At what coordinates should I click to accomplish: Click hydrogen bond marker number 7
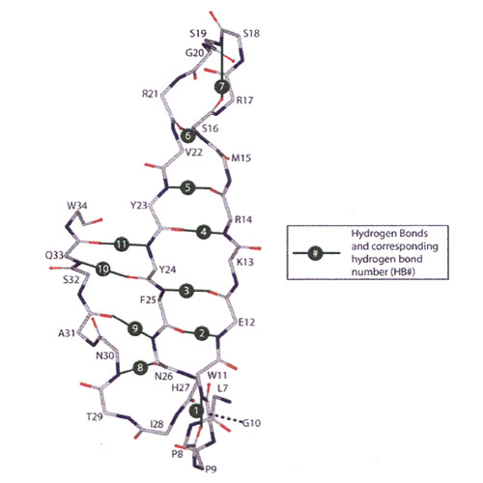coord(222,87)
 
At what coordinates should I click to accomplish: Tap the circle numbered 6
coord(187,135)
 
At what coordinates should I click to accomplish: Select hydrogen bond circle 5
coord(187,187)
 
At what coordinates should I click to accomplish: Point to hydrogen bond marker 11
coord(121,244)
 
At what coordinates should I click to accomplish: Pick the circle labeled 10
coord(103,270)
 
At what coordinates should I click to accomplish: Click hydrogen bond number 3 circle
coord(186,291)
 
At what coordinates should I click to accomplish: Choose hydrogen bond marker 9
coord(135,328)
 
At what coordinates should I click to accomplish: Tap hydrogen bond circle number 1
coord(196,411)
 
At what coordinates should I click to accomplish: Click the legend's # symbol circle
coord(316,253)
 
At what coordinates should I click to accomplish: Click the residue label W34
coord(77,206)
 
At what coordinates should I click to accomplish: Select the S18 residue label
coord(251,34)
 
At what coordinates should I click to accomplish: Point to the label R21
coord(150,94)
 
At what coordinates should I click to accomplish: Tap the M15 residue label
coord(241,157)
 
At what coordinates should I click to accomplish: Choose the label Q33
coord(54,255)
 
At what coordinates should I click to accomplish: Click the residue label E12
coord(246,322)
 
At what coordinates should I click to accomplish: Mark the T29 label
coord(95,417)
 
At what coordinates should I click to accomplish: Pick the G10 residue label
coord(251,423)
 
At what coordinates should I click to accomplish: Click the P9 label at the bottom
coord(211,469)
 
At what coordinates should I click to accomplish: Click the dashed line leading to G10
coord(226,418)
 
